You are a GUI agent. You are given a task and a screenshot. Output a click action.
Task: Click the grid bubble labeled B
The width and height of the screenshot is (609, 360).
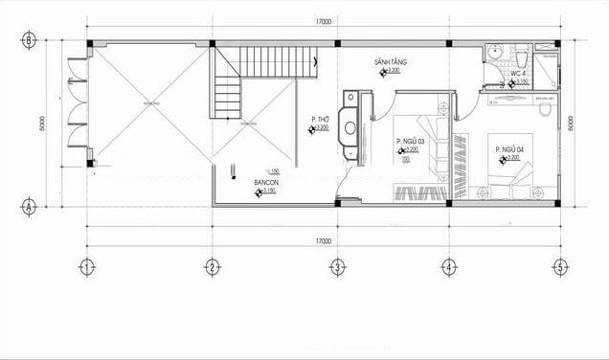pos(30,40)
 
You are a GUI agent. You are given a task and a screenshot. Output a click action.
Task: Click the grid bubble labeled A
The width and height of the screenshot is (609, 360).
pos(30,205)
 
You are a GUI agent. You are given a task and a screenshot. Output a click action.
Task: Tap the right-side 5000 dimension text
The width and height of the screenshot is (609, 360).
pos(571,124)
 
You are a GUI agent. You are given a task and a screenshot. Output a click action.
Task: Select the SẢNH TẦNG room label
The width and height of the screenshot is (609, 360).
pos(392,61)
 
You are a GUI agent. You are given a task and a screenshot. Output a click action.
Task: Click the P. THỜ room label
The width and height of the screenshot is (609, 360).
pos(320,120)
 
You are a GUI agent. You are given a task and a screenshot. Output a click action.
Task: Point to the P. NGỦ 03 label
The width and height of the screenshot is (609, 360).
pos(410,142)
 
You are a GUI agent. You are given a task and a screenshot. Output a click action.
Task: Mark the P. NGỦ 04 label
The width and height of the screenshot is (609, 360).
pos(508,150)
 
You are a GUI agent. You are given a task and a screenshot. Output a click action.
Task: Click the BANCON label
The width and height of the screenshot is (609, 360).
pos(265,181)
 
